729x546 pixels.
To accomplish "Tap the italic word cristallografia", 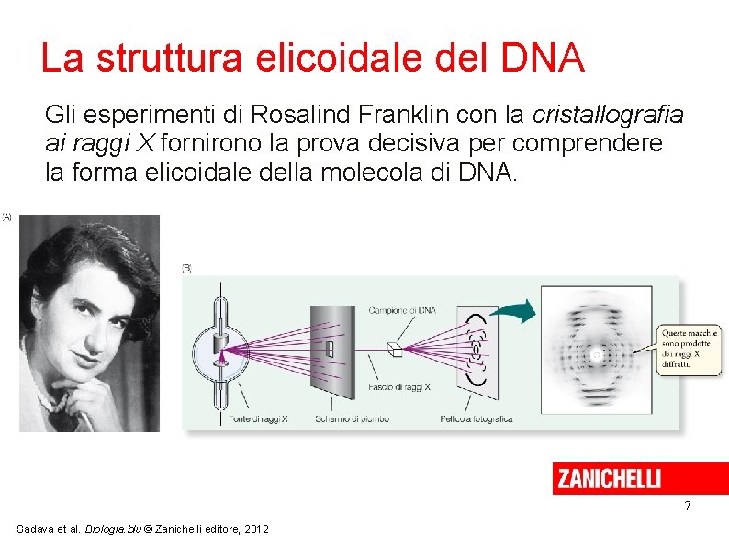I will point(608,115).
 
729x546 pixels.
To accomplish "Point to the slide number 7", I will point(688,507).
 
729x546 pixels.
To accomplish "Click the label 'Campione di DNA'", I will point(401,310).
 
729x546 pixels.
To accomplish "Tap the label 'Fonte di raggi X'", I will point(258,418).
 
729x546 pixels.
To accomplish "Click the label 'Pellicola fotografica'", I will point(476,418).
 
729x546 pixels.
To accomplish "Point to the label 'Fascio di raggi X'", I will point(399,386).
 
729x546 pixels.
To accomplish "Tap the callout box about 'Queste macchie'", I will point(688,349).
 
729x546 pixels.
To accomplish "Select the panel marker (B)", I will point(186,268).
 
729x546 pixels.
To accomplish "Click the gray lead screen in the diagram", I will point(331,350).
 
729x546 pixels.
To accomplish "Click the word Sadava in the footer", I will point(35,529).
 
